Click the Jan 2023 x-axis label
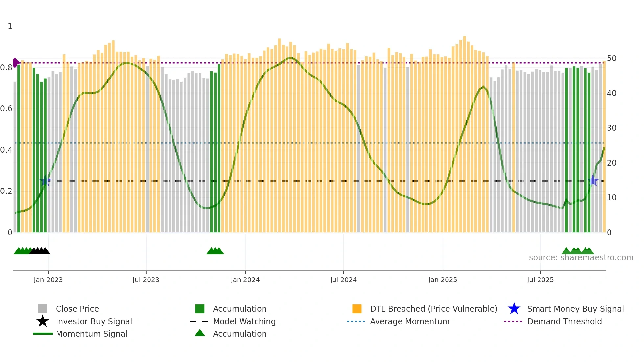pos(48,280)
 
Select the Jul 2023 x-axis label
pos(146,280)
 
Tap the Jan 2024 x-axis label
pos(245,280)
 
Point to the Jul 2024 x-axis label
pos(343,280)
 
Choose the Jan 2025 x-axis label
pos(443,280)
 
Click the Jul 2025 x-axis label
pos(540,280)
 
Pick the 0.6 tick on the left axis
pos(7,109)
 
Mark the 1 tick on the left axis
pos(10,26)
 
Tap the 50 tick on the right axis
pos(611,58)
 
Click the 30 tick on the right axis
pos(611,128)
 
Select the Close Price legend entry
pos(77,309)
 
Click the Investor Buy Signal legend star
pos(43,321)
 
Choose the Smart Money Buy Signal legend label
pos(575,309)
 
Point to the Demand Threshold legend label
pos(564,322)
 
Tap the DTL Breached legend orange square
pos(357,309)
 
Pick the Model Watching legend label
pos(244,322)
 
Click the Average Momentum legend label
pos(410,322)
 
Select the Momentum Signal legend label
pos(91,334)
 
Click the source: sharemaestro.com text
pos(581,258)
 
